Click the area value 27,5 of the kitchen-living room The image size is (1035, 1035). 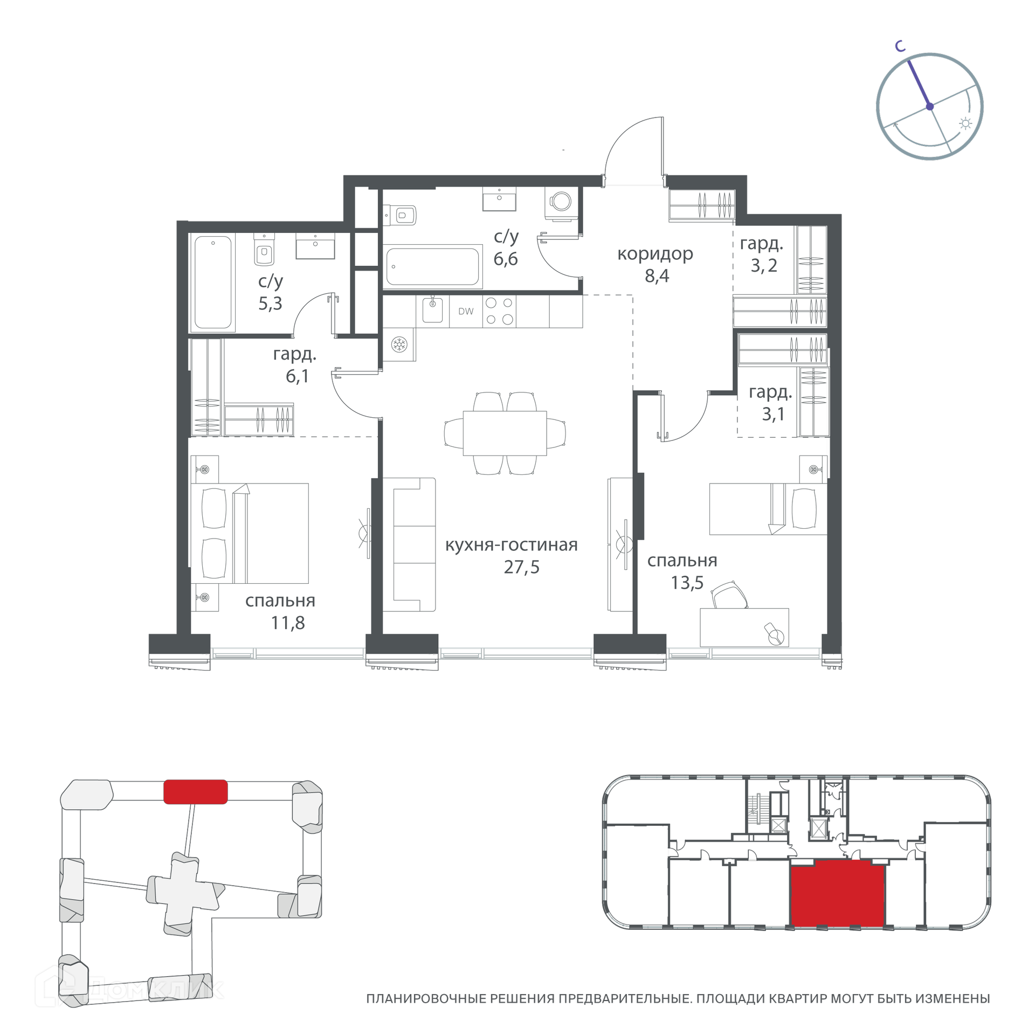tap(521, 567)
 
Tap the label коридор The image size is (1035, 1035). tap(655, 254)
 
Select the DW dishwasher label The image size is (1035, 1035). tap(466, 311)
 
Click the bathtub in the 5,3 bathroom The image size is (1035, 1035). tap(213, 282)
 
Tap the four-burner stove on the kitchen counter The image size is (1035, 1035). tap(499, 311)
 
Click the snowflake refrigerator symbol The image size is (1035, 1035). tap(399, 344)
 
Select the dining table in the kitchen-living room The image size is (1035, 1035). tap(505, 433)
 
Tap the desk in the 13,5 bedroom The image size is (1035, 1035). tap(744, 627)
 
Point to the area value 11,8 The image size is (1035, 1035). tap(288, 623)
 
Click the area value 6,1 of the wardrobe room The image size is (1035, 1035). tap(297, 376)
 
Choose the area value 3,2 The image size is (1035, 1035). tap(764, 265)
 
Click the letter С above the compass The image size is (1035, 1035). tap(900, 47)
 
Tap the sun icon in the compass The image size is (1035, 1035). tap(965, 124)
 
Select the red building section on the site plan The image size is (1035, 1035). tap(195, 792)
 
